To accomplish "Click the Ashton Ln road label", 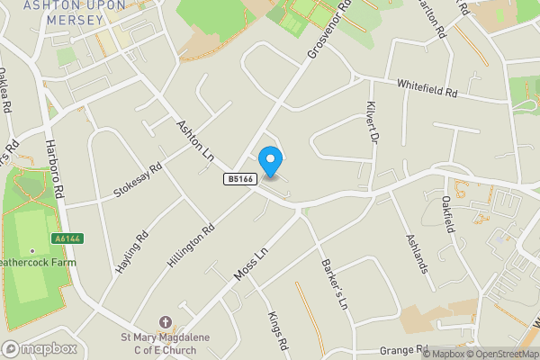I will [x=194, y=141].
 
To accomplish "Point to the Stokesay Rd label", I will [x=138, y=180].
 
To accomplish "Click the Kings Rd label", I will [x=276, y=331].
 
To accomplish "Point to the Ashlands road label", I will [x=418, y=254].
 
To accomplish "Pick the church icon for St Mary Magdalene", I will [x=165, y=322].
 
